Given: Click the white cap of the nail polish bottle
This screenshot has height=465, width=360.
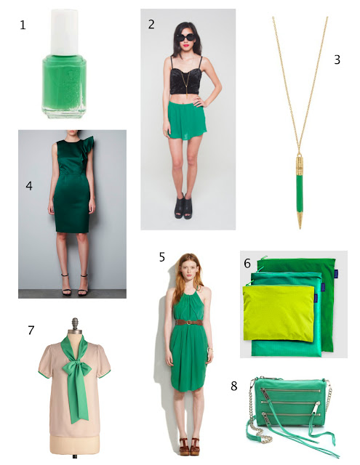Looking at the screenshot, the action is coord(65,32).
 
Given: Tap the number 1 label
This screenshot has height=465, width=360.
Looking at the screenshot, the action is coord(23,25).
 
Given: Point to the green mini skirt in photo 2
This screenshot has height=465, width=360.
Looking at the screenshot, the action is coord(187,120).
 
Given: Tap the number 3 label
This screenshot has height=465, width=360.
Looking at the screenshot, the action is coord(337,60).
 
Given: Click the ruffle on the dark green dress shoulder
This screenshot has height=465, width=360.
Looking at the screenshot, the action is coord(88,147).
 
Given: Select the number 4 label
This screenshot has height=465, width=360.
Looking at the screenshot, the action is coord(29,186).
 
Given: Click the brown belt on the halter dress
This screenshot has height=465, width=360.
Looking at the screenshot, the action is coord(189,323).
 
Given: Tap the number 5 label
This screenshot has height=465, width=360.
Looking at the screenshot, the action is coord(161,257).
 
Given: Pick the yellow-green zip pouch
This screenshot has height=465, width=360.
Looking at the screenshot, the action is coord(279,313).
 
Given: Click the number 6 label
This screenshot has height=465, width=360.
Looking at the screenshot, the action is coord(247,263).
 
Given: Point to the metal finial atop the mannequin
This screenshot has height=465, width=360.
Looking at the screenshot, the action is coord(75,324).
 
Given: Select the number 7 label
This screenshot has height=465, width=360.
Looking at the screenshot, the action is coord(31,330).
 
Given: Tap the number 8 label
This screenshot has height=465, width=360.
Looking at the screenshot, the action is coord(234,386).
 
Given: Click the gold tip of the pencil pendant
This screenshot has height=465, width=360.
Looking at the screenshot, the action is coord(300,221).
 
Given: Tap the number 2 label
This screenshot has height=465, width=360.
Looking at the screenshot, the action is coord(151,24).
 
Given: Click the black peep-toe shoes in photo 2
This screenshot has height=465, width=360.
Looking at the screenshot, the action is coord(183,206).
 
